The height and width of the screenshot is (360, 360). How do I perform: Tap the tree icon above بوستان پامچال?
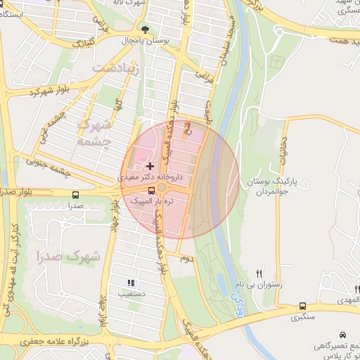(x=146, y=30)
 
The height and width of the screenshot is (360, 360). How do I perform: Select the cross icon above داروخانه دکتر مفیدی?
(x=150, y=166)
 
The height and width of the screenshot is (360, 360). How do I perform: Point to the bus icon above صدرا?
(x=75, y=195)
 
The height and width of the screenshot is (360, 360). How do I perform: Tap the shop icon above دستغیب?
(x=131, y=283)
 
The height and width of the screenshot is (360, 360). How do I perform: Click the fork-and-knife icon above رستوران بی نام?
(x=259, y=274)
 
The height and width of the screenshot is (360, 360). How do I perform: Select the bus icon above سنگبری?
(x=302, y=307)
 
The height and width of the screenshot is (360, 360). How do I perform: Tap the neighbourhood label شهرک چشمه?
(x=97, y=131)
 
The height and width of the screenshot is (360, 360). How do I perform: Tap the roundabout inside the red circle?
(x=162, y=188)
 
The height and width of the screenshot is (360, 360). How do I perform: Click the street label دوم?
(x=186, y=259)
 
